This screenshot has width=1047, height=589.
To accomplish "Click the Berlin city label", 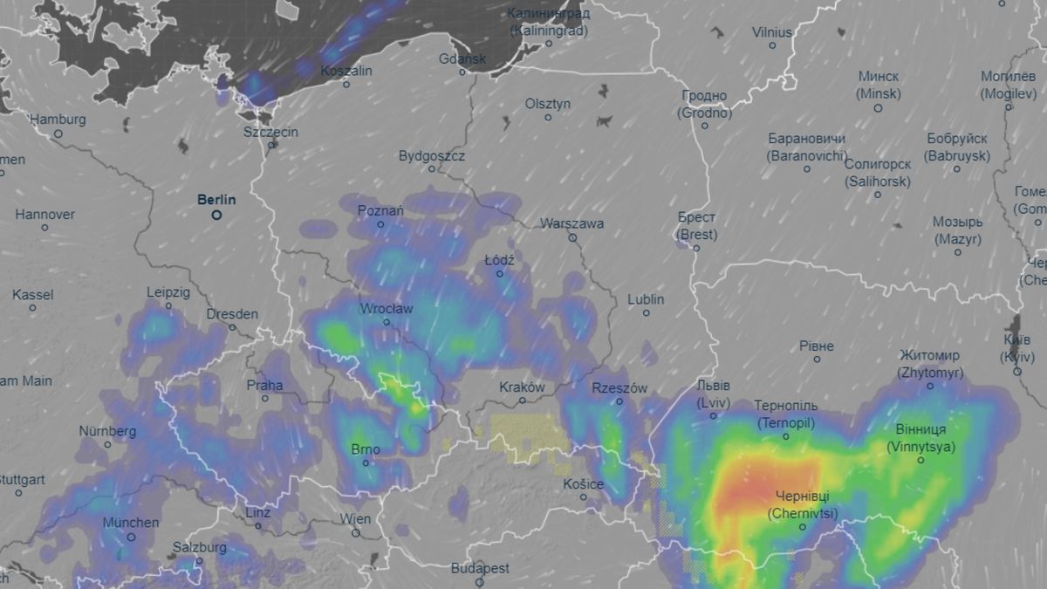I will pos(216,200).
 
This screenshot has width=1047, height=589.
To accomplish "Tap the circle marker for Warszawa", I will pos(573,237).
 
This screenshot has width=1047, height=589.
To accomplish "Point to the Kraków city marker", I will pos(523,401).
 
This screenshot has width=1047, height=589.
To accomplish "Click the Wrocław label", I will pos(387,309).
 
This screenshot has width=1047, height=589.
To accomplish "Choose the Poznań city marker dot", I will pos(380,224).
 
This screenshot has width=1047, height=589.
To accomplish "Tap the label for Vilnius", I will pos(772,32).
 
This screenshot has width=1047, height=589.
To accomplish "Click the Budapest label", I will pos(480,568).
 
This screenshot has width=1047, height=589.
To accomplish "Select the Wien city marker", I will pos(355,532).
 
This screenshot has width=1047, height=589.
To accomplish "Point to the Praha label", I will pos(265,385).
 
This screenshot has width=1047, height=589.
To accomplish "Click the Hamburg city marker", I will pos(58,134).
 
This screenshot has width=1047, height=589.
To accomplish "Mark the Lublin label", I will pos(646,299).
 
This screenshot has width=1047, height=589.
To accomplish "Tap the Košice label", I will pos(584,484).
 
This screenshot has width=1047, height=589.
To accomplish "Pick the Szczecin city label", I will pos(271,132).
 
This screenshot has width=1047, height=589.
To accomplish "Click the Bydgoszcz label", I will pos(432,156).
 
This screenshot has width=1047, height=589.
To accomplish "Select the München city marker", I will pos(131,537).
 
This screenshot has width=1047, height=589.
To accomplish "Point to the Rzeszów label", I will pos(619,387).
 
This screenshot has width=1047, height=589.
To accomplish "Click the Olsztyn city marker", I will pos(548,117).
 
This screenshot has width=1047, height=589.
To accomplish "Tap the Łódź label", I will pos(499,260).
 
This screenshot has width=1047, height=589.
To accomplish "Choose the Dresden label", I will pos(232,314).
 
